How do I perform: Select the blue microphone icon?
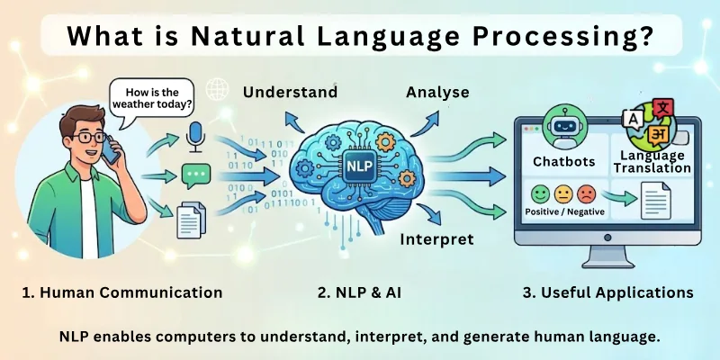pos(195,137)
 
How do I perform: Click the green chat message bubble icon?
pos(195,175)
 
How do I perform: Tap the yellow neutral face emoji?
pos(562,193)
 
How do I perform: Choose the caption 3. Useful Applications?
pos(596,292)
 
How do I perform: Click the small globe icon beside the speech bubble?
pos(216,89)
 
